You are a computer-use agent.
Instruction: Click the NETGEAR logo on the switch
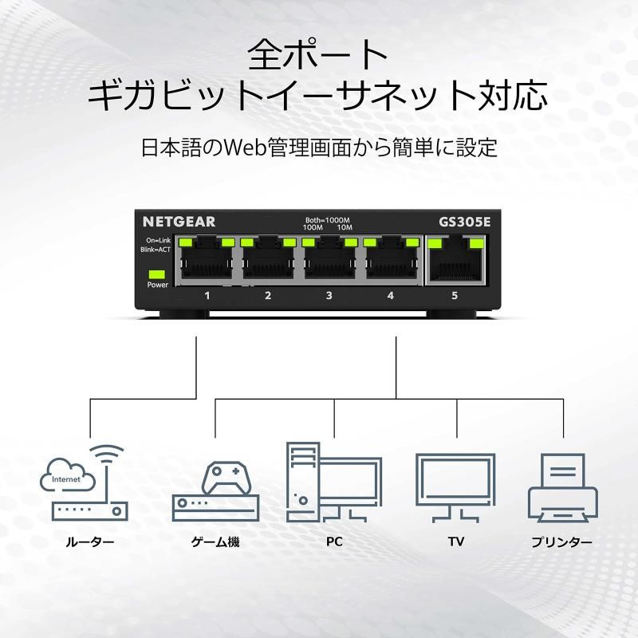179,222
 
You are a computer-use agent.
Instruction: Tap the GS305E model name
464,222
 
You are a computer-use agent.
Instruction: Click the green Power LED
157,274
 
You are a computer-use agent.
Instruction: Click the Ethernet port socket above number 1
207,261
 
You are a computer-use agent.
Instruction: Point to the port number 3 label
329,295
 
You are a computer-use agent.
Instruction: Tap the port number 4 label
391,295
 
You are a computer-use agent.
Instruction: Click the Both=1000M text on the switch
328,220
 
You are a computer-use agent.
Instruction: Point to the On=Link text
158,241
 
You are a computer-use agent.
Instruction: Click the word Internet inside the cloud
66,479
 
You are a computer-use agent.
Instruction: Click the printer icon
563,488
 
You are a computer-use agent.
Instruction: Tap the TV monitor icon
455,488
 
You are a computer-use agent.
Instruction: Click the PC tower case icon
302,482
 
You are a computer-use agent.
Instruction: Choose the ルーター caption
90,542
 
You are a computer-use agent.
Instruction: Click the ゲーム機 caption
215,542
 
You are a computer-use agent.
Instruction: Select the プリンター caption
562,542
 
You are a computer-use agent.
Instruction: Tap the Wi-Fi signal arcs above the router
106,454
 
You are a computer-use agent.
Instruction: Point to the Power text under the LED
157,285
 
